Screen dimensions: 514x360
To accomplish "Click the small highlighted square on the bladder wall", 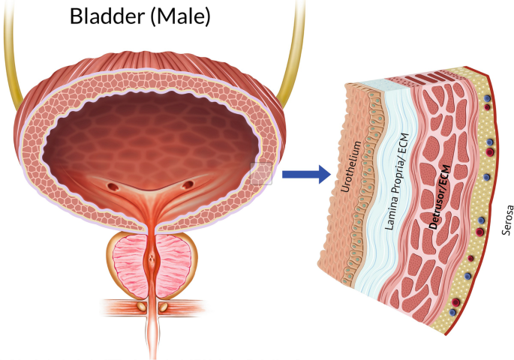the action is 260,173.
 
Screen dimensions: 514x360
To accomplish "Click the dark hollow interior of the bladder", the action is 150,131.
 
